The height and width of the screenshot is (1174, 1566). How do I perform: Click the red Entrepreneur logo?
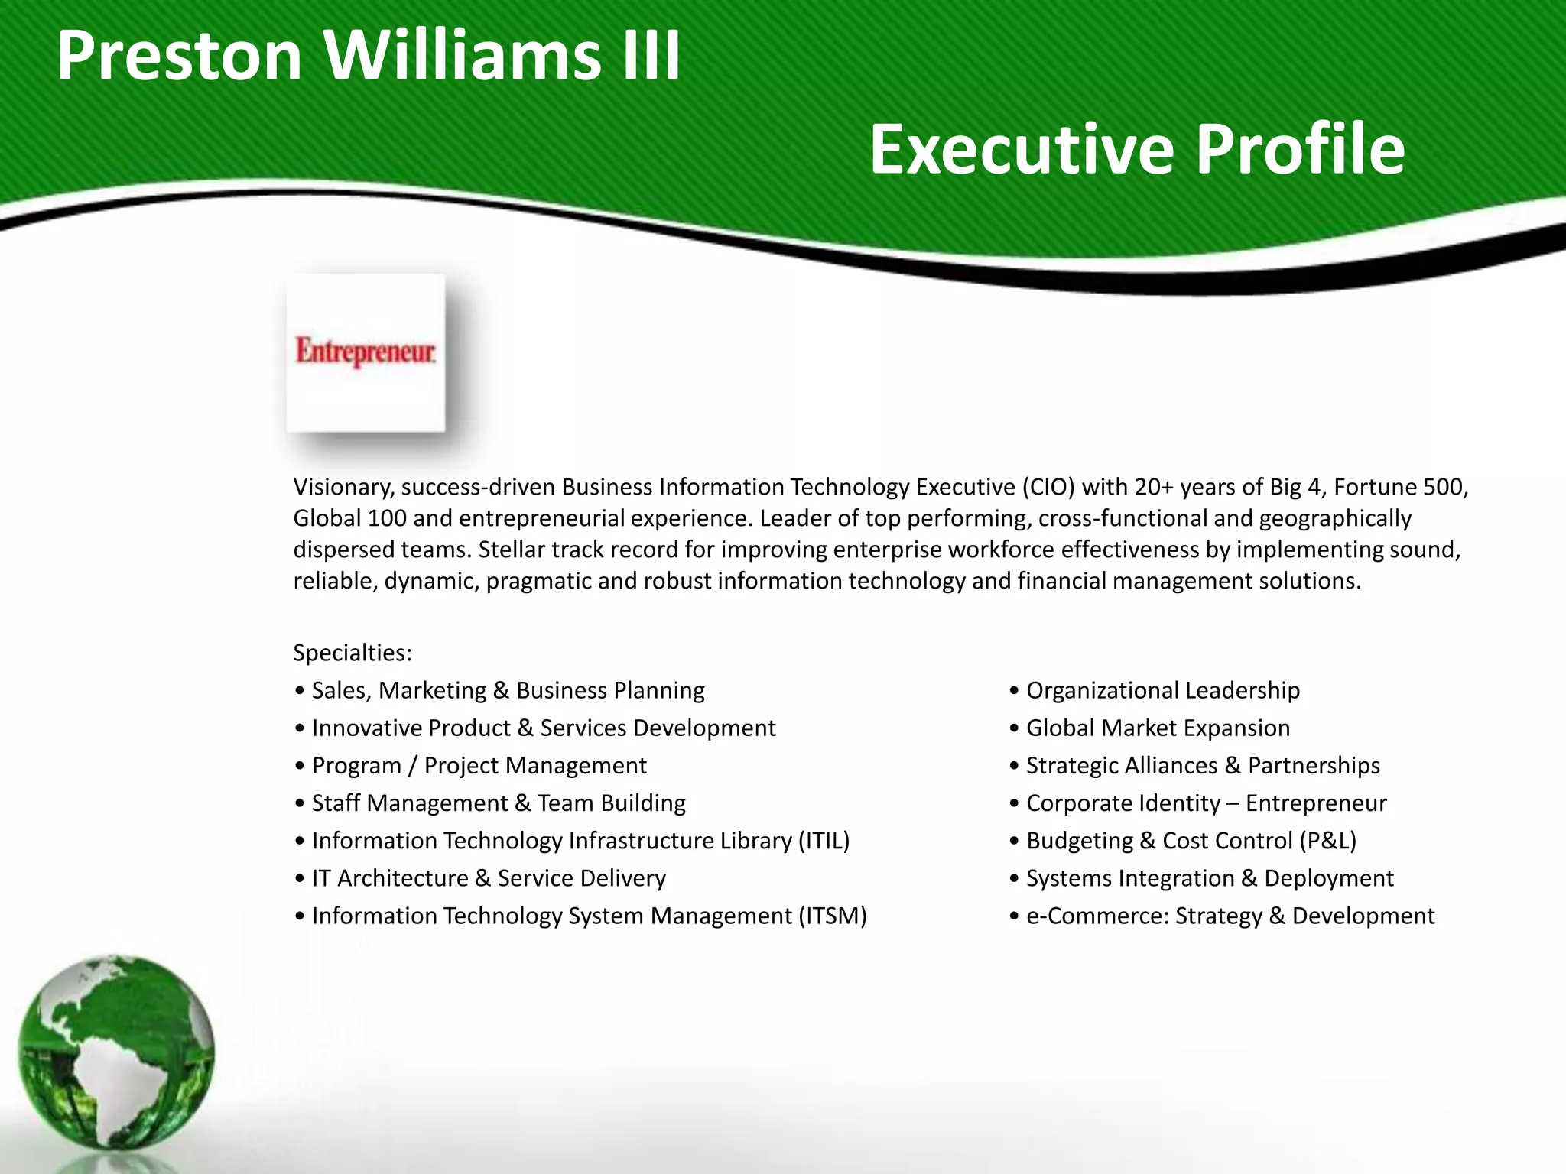366,352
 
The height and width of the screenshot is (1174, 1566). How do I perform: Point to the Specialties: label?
353,653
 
